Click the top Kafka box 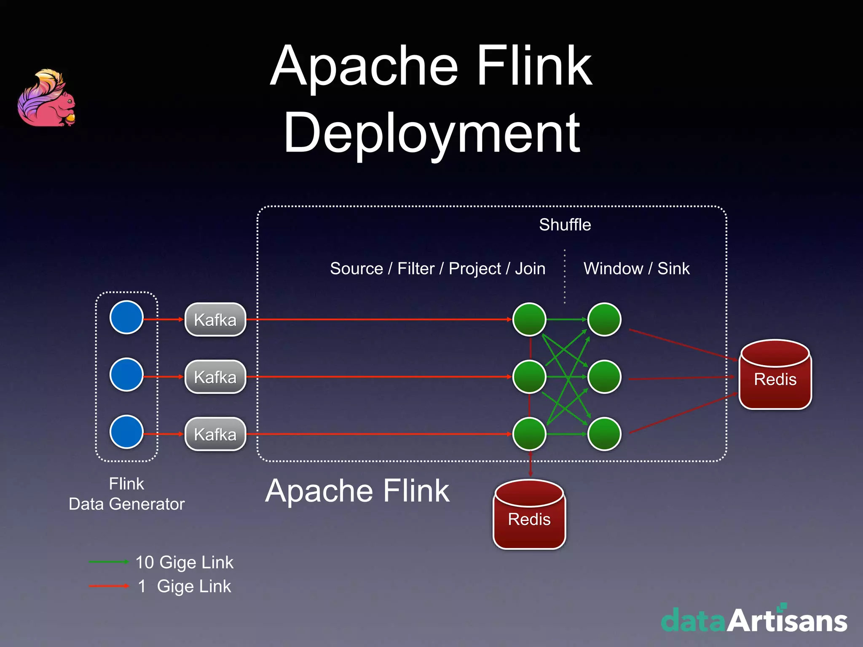(215, 320)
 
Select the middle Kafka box (215, 377)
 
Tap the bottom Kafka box (215, 434)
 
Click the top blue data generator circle (126, 317)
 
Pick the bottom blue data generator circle (126, 432)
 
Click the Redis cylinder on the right (775, 375)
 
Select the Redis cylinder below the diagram (529, 515)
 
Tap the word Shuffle (565, 225)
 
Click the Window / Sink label (636, 268)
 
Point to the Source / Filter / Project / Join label (437, 268)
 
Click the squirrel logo (46, 99)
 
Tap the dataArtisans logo (754, 620)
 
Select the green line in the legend (109, 561)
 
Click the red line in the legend (109, 586)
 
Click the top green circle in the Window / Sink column (604, 319)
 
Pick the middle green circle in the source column (529, 377)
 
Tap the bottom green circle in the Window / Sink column (604, 434)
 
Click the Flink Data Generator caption (126, 494)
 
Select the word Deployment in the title (432, 133)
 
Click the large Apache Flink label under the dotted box (357, 491)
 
